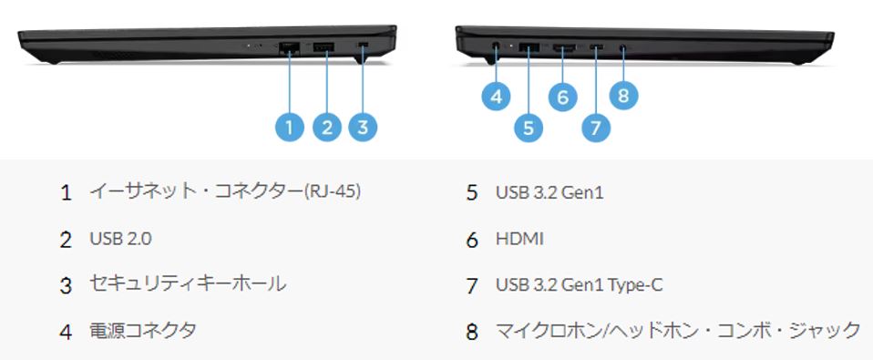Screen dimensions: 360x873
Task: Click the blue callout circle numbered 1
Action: [289, 128]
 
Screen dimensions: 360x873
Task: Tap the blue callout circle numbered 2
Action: [326, 128]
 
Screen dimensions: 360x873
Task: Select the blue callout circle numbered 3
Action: [363, 128]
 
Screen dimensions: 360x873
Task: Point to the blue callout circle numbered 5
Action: [529, 128]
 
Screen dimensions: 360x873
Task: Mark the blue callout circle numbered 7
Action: [596, 128]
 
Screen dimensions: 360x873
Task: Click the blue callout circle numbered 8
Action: [623, 95]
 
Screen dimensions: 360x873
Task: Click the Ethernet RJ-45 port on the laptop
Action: [290, 47]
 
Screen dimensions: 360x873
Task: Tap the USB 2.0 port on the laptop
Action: [323, 46]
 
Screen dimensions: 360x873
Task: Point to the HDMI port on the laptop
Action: [562, 46]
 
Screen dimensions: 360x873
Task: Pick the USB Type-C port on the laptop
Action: [596, 46]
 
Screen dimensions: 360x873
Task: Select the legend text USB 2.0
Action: [120, 239]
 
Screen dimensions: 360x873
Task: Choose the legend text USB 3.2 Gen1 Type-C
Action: [579, 285]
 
